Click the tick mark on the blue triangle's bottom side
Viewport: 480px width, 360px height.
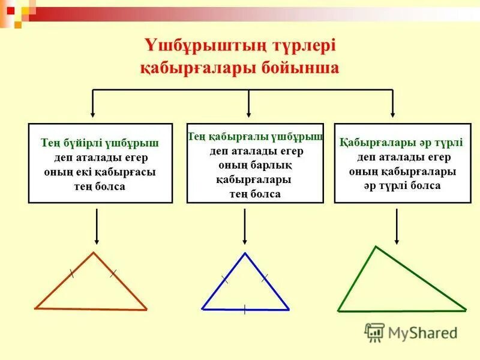pos(245,310)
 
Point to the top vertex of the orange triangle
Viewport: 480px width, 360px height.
pos(94,253)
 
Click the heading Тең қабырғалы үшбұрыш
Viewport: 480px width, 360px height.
pos(256,137)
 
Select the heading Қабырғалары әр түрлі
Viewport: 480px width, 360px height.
pos(401,143)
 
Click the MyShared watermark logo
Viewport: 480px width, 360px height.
pos(412,332)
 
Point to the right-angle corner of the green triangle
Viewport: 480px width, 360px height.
pos(376,247)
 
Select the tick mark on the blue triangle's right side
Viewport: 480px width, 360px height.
pos(265,277)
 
